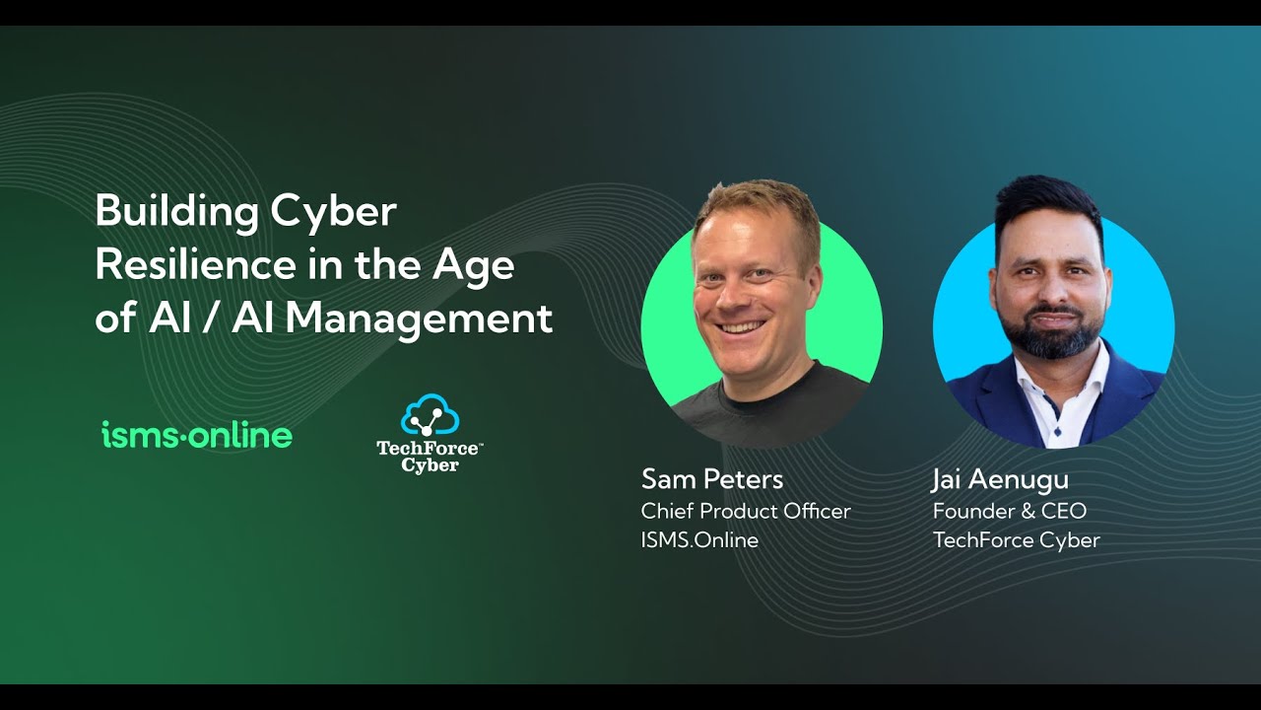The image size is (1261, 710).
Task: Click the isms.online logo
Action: coord(197,435)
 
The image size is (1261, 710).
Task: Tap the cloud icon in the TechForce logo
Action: coord(430,415)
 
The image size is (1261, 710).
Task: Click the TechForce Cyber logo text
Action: coord(430,457)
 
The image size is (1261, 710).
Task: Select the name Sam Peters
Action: coord(712,479)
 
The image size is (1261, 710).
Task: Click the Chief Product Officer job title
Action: coord(746,511)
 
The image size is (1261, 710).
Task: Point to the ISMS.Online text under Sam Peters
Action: coord(699,540)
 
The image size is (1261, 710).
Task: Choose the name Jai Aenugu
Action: coord(1000,479)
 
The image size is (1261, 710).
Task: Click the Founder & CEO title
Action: coord(1010,511)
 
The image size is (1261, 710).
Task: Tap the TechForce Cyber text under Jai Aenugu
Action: coord(1017,540)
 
